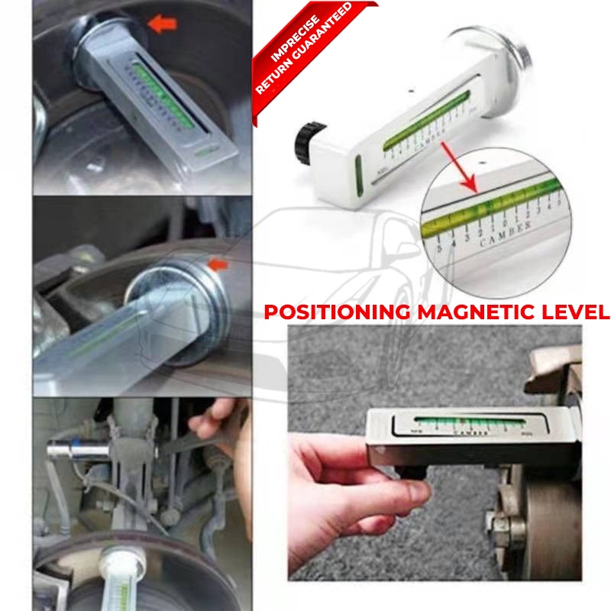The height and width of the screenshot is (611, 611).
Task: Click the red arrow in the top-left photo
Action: (162, 24)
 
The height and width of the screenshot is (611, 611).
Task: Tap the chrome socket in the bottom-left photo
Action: (73, 450)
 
